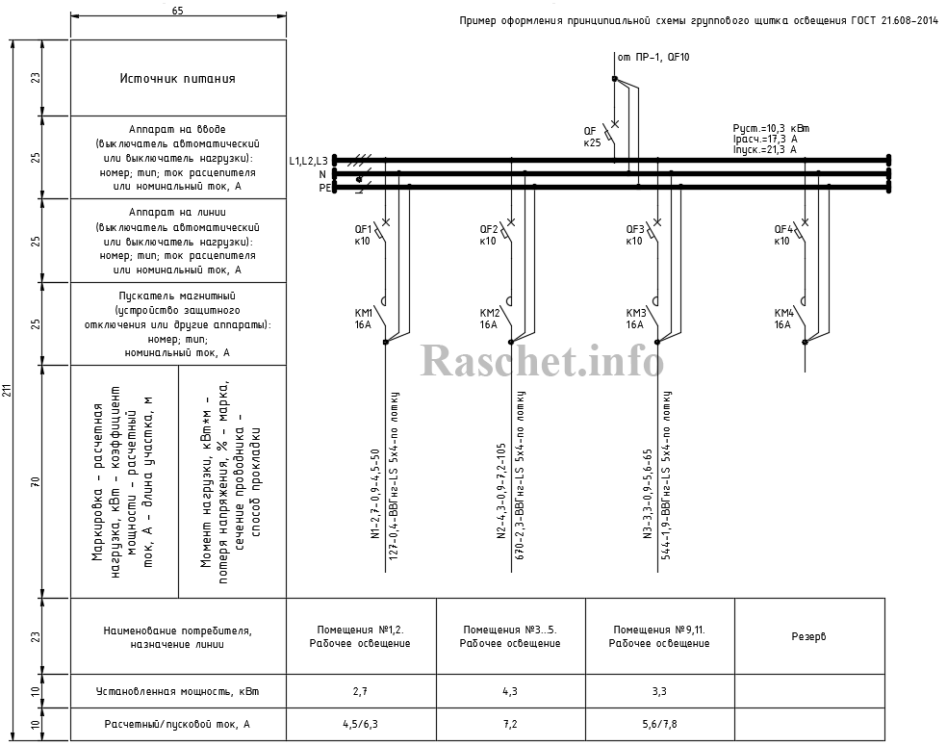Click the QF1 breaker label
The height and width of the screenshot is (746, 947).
coord(364,229)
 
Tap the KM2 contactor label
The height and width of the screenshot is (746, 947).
coord(490,313)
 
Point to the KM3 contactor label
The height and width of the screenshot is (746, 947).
coord(636,313)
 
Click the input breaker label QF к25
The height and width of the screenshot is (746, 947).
coord(592,136)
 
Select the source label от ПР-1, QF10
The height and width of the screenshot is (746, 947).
coord(653,57)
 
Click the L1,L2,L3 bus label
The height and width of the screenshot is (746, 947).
coord(308,160)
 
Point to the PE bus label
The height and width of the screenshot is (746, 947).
coord(324,189)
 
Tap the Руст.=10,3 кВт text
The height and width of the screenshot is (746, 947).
coord(771,128)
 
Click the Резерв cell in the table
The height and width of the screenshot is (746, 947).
coord(808,636)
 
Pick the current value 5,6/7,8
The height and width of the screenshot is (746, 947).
coord(659,723)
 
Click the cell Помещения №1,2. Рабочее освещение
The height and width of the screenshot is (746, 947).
coord(361,636)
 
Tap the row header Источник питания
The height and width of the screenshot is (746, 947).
coord(178,78)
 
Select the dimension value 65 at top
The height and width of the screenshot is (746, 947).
coord(177,10)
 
